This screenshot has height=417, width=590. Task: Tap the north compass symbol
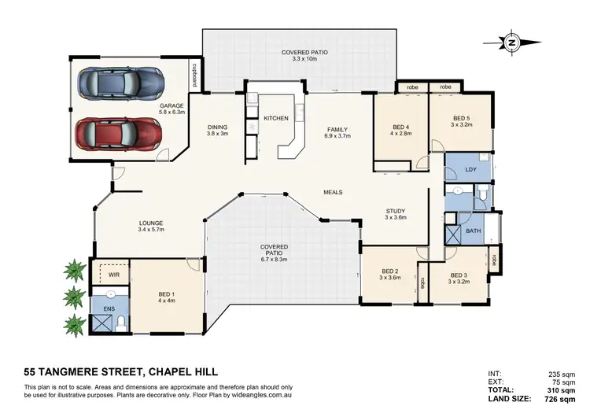512,42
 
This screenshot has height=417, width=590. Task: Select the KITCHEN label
276,118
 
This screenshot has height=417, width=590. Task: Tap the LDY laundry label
470,169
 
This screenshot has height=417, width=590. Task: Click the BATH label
473,231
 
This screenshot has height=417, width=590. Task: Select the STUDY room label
395,211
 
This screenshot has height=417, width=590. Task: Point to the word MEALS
333,192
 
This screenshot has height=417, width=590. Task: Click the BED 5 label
459,119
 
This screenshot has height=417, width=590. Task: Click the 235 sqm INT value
566,374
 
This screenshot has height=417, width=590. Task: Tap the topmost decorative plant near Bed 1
75,270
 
